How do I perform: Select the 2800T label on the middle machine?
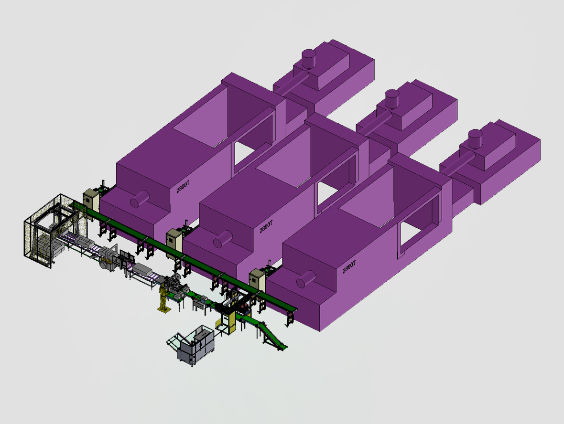266,227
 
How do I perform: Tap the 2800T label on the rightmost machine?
349,266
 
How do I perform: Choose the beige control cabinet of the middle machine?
174,240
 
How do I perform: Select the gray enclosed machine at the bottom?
193,345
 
